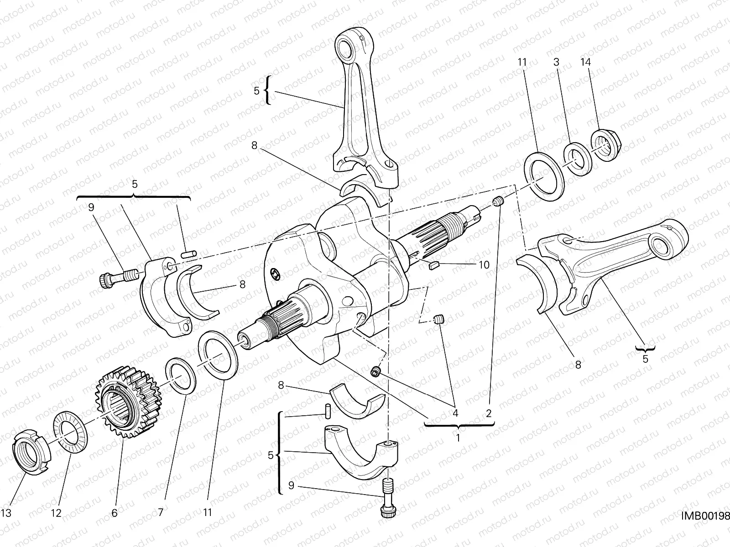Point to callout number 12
click(x=56, y=513)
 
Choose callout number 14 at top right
click(x=585, y=62)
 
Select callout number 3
click(x=556, y=62)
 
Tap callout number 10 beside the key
click(x=484, y=265)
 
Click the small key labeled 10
click(x=434, y=265)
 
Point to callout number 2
click(x=489, y=414)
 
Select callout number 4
click(x=455, y=414)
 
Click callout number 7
click(x=160, y=513)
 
